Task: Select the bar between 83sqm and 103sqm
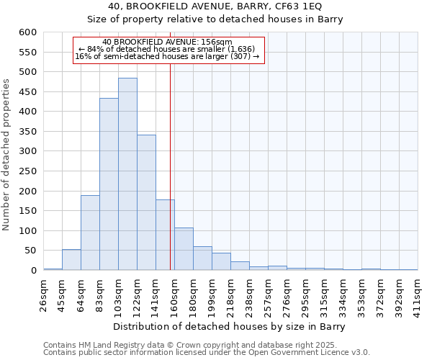(x=109, y=184)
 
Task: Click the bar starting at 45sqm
(x=71, y=260)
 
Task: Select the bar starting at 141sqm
(x=165, y=235)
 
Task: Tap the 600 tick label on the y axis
(x=27, y=32)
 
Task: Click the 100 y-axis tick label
(x=27, y=231)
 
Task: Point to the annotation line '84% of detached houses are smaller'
(x=169, y=49)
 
